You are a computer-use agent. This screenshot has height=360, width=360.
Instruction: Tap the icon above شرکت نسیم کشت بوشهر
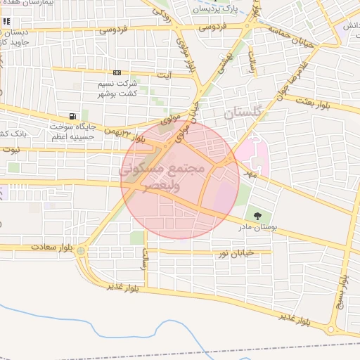coord(116,72)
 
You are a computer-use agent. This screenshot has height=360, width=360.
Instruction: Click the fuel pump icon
coord(72,116)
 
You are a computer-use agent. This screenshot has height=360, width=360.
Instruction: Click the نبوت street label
coord(11,149)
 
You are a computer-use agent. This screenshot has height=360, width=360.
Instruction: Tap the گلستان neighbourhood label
coord(243,112)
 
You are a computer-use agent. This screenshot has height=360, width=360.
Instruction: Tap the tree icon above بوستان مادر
coord(256,215)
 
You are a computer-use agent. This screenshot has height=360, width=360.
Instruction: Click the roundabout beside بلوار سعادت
coord(81,250)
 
